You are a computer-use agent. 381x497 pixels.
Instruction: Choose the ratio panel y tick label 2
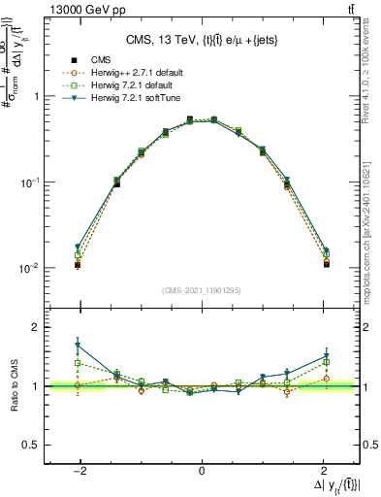(x=36, y=328)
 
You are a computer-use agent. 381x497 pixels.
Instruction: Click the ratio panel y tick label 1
(x=36, y=386)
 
